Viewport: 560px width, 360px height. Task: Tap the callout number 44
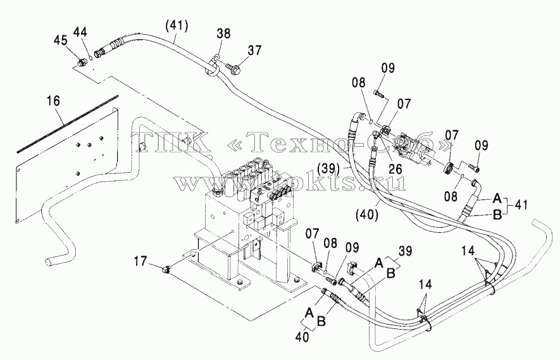click(80, 32)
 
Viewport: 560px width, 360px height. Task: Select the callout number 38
click(223, 34)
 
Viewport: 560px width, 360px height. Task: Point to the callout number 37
click(254, 51)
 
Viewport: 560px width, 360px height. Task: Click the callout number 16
click(53, 101)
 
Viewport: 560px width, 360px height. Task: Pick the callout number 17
click(140, 261)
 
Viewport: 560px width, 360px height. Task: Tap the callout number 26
click(395, 168)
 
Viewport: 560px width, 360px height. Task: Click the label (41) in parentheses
click(177, 25)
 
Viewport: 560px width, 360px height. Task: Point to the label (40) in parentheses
click(367, 214)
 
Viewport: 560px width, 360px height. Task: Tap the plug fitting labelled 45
click(82, 63)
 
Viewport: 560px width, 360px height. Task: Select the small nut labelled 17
click(166, 271)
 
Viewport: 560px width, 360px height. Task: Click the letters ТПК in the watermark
click(170, 140)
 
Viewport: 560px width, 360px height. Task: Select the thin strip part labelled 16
click(67, 124)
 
